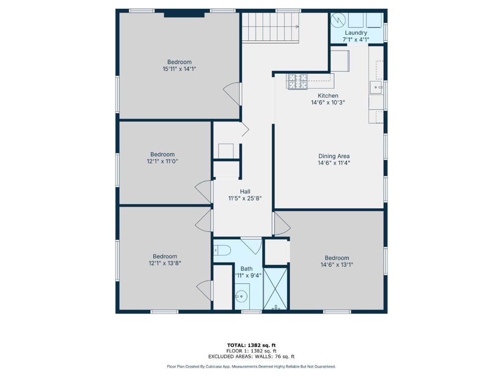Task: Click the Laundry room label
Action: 356,33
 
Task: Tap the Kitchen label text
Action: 328,96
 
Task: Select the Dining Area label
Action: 334,156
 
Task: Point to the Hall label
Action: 245,192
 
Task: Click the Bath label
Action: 247,269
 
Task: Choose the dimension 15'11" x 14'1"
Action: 179,69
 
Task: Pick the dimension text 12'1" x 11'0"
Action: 162,161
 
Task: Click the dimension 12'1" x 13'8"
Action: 165,263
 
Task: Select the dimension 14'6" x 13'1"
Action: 337,265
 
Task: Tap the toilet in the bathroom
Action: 223,250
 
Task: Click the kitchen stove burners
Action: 298,81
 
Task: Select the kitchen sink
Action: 376,87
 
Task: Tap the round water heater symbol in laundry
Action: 337,20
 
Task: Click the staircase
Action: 271,27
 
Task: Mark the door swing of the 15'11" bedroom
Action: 232,94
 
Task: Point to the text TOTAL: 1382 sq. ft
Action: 251,345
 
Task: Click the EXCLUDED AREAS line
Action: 251,356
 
